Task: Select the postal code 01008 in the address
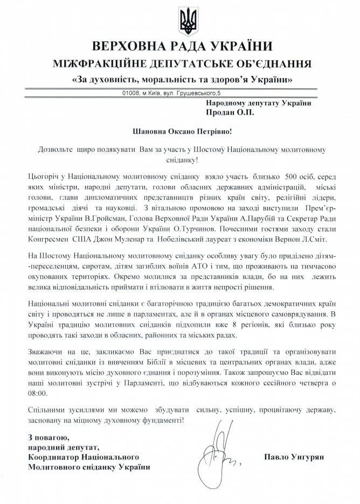[x=133, y=93]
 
